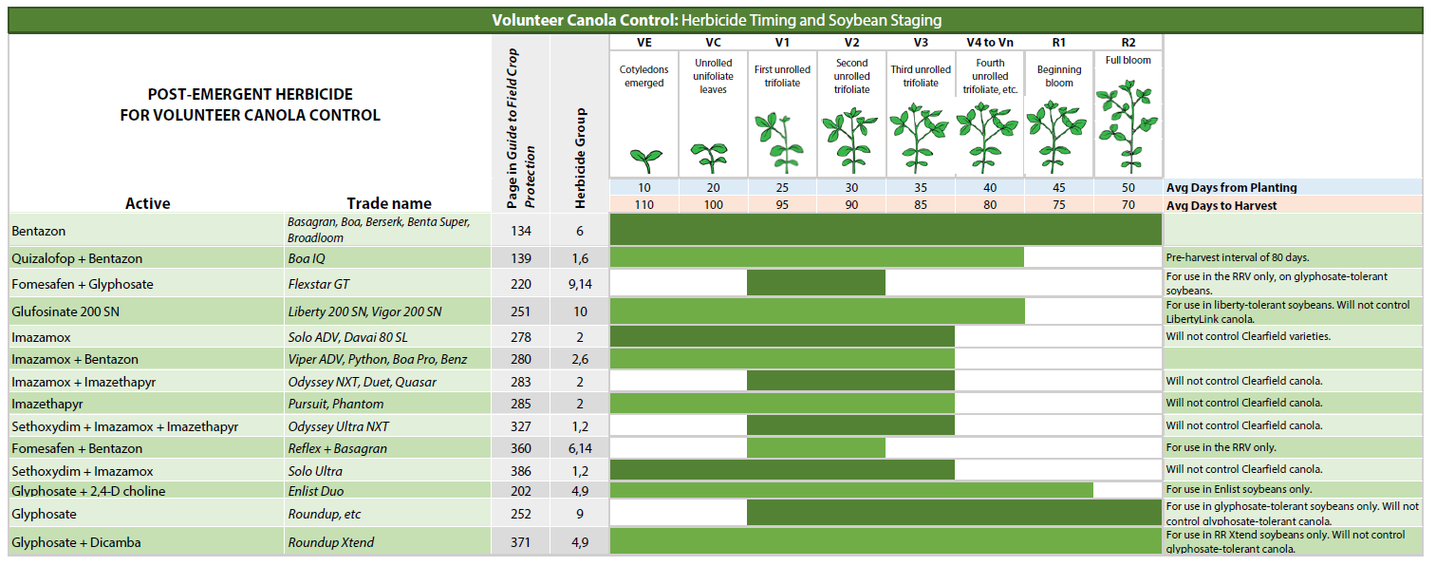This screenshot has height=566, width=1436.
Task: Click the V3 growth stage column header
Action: click(921, 43)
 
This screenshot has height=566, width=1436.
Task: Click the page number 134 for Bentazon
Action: click(521, 231)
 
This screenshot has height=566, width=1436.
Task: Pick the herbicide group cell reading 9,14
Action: click(580, 284)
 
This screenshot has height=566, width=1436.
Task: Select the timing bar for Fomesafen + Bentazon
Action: click(816, 448)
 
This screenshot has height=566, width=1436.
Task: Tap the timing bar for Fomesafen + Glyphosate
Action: click(816, 283)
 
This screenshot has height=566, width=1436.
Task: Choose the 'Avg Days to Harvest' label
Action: click(1222, 205)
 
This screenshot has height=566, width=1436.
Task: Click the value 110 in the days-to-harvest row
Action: click(644, 205)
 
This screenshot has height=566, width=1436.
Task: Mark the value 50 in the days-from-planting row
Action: click(1128, 188)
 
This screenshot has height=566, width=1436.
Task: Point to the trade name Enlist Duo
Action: click(316, 491)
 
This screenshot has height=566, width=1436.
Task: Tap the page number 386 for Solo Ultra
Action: click(521, 471)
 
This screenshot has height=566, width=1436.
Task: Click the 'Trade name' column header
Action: click(388, 203)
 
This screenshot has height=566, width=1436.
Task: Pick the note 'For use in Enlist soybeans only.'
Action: click(1239, 491)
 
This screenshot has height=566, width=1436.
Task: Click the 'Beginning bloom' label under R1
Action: click(1058, 76)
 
